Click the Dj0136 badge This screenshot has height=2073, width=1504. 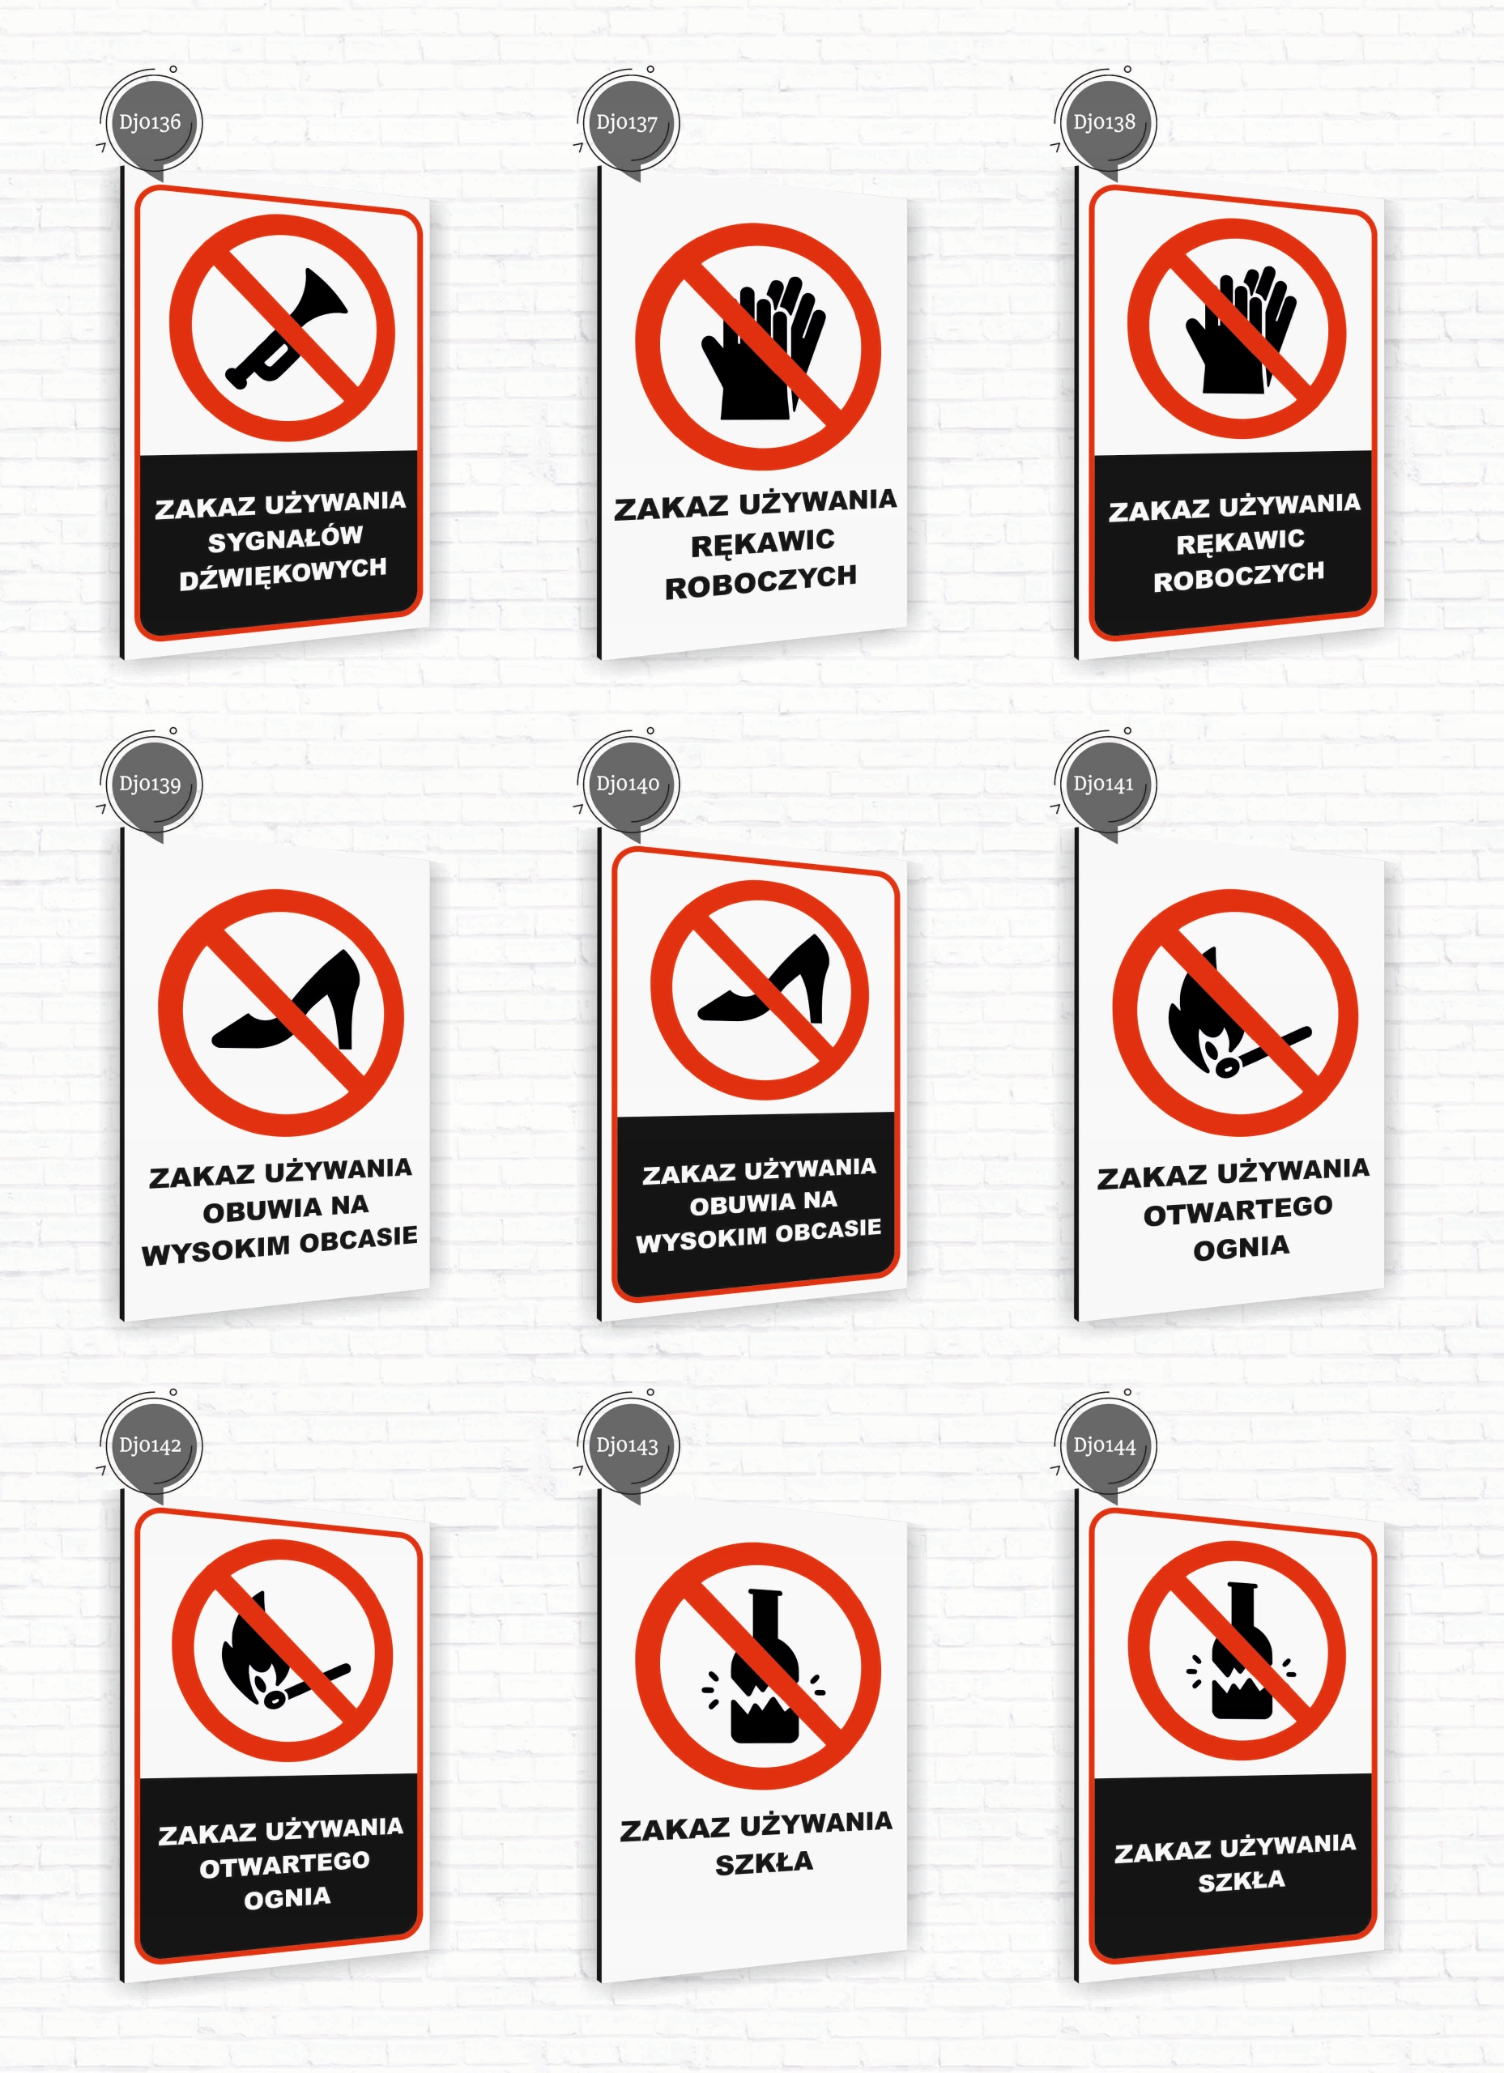(150, 122)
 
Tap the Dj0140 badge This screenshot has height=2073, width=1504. (627, 784)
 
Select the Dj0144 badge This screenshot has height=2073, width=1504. (1105, 1446)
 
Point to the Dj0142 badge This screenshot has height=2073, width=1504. (150, 1446)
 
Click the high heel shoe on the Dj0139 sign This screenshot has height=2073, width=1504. (286, 1000)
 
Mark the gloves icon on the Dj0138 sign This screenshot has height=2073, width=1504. (1240, 330)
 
